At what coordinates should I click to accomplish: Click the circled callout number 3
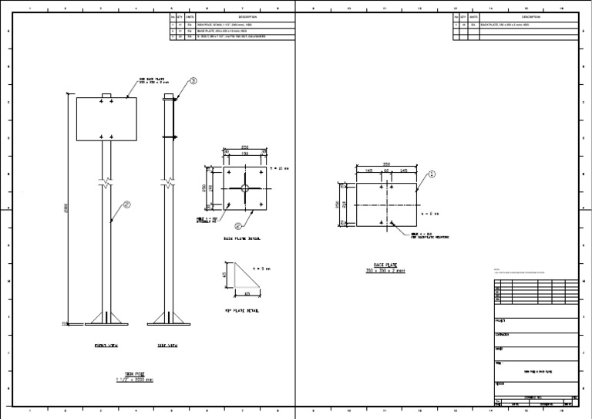click(x=193, y=80)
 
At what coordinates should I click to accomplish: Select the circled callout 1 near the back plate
click(x=432, y=174)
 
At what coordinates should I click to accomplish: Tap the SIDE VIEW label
click(x=168, y=346)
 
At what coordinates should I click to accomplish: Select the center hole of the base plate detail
click(x=244, y=188)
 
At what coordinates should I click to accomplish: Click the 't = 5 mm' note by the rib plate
click(x=261, y=269)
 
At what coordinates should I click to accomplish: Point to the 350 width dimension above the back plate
click(x=385, y=164)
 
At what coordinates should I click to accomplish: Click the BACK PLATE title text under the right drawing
click(x=385, y=268)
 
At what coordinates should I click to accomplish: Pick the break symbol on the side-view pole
click(x=169, y=184)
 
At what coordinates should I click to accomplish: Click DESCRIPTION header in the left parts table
click(x=247, y=16)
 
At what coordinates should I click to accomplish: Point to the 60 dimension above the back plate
click(x=386, y=171)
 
